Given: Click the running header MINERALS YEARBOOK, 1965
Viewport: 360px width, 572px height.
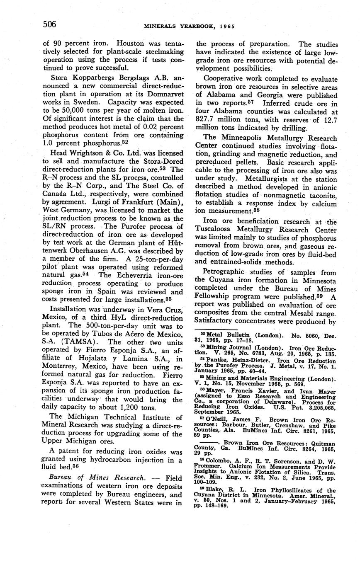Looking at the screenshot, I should tap(189, 26).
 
